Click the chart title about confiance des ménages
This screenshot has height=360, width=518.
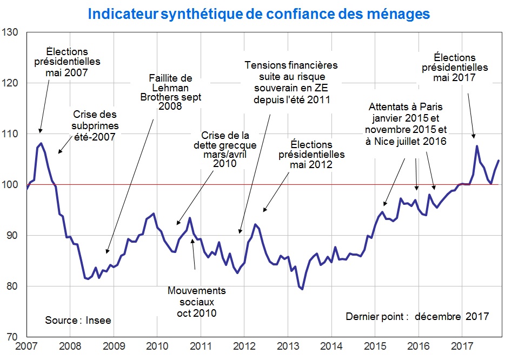(x=259, y=14)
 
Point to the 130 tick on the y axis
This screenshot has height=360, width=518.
(x=11, y=32)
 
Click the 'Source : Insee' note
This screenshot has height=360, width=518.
(x=78, y=320)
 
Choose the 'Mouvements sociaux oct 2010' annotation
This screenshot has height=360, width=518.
(x=196, y=302)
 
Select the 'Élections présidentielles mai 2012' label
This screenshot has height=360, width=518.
(x=311, y=155)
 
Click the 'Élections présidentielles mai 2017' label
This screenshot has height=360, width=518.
(x=461, y=67)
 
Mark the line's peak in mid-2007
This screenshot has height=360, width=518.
(x=41, y=143)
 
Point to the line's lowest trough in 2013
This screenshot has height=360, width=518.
(x=302, y=289)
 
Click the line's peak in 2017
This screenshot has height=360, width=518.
(x=476, y=146)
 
